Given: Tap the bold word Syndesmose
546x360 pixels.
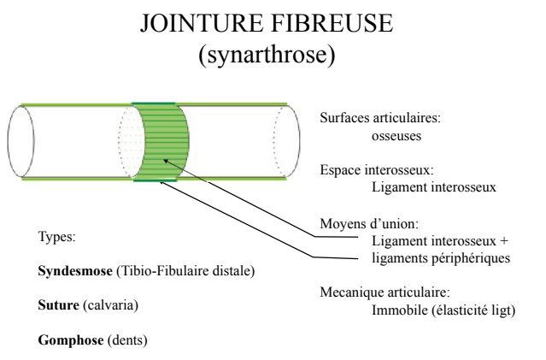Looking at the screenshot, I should click(72, 271).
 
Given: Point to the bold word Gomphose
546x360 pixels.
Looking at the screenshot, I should click(68, 339).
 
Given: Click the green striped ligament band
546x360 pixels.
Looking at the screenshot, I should click(161, 141).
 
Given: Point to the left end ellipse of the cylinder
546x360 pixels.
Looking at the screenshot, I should click(21, 141).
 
